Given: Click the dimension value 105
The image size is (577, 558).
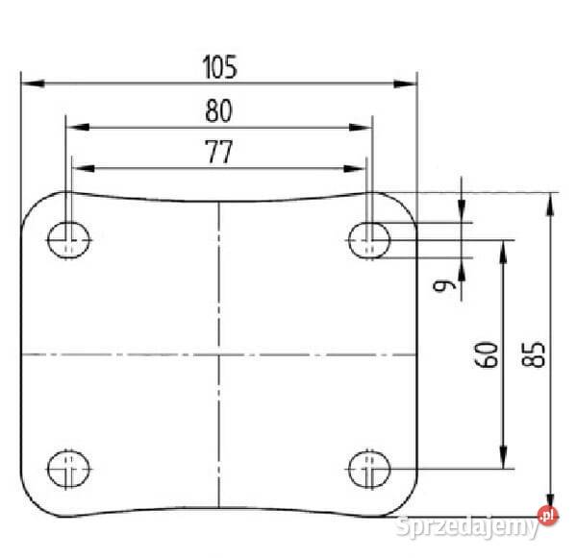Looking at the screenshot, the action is click(219, 67).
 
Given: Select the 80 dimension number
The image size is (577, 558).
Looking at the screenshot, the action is click(219, 110).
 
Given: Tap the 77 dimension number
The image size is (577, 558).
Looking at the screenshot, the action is click(219, 152).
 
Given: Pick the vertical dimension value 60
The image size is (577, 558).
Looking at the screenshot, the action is click(486, 354).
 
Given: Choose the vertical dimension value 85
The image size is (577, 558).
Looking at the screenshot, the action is click(533, 354).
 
